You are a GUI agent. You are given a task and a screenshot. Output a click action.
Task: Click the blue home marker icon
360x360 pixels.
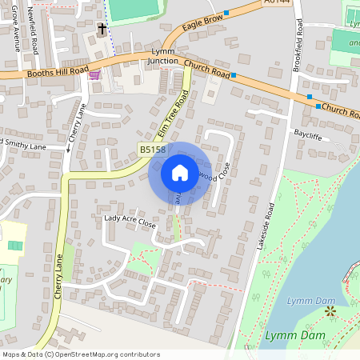click(x=179, y=173)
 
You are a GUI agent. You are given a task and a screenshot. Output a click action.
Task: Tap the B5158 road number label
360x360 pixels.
click(x=152, y=150)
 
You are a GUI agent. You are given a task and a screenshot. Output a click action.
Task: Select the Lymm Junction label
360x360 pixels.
click(x=164, y=56)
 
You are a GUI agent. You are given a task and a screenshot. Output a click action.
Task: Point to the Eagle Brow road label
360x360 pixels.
click(x=201, y=26)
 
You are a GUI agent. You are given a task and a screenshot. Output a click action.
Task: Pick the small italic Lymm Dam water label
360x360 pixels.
click(x=305, y=301)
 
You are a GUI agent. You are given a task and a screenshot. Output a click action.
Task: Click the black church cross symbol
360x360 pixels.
click(x=102, y=29)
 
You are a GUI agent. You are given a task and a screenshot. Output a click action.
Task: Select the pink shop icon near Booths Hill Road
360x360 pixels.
click(x=95, y=75)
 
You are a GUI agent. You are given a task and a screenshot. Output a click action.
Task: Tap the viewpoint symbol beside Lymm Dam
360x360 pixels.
click(x=330, y=310)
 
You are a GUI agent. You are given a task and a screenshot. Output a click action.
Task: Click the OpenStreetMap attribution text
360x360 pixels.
click(x=81, y=354)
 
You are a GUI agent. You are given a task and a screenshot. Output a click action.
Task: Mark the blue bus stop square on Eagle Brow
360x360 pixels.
click(x=226, y=13)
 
